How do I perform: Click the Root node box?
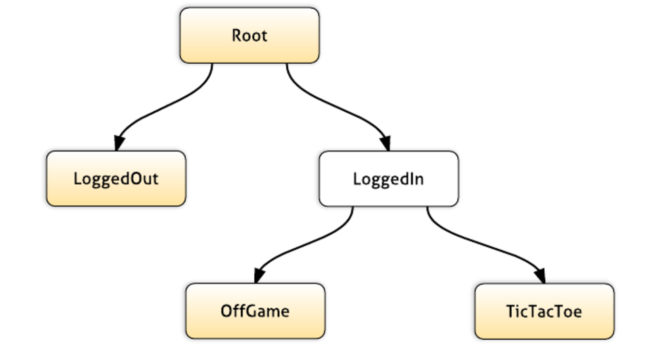click(x=250, y=35)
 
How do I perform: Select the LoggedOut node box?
click(x=116, y=179)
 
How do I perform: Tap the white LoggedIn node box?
click(x=389, y=179)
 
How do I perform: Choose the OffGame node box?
click(x=255, y=311)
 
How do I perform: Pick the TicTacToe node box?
click(x=544, y=311)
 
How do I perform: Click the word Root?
click(x=250, y=36)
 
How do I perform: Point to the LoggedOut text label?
click(x=116, y=180)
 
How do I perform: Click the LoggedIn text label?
click(x=388, y=180)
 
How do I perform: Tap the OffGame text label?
click(x=255, y=311)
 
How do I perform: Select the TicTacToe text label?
click(x=544, y=312)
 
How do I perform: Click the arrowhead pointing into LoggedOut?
click(x=119, y=143)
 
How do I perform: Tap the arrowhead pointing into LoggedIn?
click(x=386, y=143)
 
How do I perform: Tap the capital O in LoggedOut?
click(x=137, y=179)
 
